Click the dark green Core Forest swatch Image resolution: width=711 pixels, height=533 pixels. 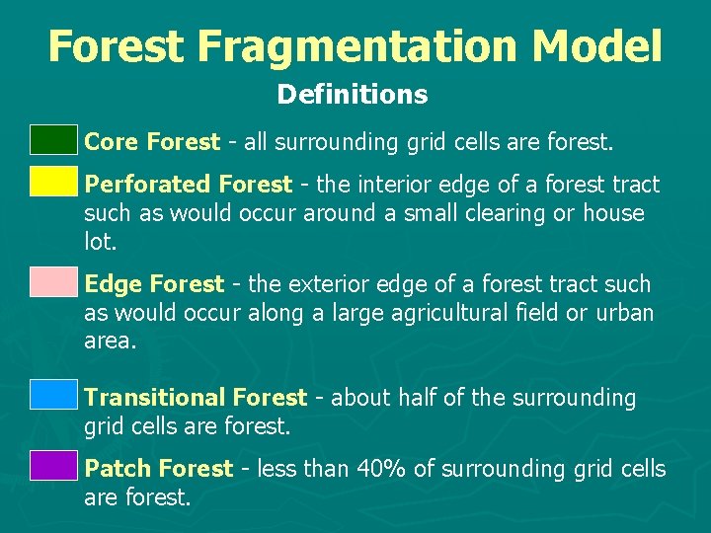click(52, 140)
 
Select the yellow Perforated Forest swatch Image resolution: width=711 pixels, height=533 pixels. click(52, 182)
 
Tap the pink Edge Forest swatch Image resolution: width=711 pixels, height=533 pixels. click(52, 281)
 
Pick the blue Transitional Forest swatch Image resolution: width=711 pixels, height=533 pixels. click(52, 394)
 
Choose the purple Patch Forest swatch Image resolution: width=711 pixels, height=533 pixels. click(52, 465)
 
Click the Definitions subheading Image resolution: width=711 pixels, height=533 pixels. click(353, 95)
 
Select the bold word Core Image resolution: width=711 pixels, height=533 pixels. click(112, 142)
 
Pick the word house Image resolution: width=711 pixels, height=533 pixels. click(612, 213)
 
